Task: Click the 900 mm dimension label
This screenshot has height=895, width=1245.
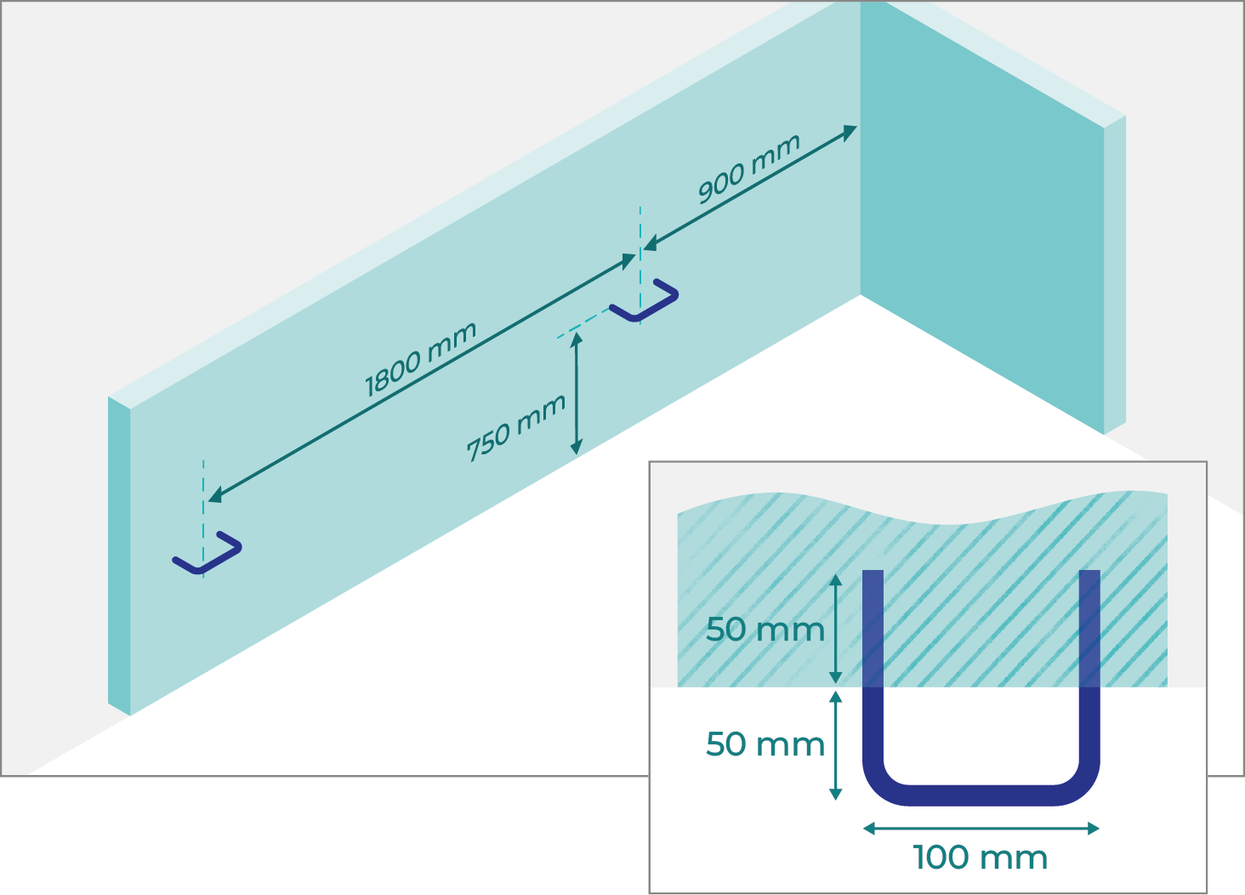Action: tap(748, 169)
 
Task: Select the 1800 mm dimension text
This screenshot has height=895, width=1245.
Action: tap(420, 360)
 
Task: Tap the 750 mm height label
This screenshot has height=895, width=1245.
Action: tap(515, 428)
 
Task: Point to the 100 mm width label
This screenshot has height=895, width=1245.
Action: tap(980, 858)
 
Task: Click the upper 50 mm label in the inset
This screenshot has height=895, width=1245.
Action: tap(765, 630)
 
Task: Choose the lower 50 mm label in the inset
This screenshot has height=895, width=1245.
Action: tap(765, 744)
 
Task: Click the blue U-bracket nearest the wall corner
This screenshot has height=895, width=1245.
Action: tap(645, 303)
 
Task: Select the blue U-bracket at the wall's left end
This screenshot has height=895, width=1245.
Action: tap(207, 554)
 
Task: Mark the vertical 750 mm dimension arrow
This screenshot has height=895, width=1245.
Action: tap(577, 393)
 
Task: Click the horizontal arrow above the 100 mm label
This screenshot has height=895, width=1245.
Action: tap(981, 828)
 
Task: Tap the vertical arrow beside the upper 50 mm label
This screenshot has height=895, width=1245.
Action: tap(835, 629)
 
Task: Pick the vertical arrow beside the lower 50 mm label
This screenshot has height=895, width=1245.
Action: tap(835, 744)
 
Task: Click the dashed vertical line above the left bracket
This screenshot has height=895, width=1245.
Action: tap(203, 489)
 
